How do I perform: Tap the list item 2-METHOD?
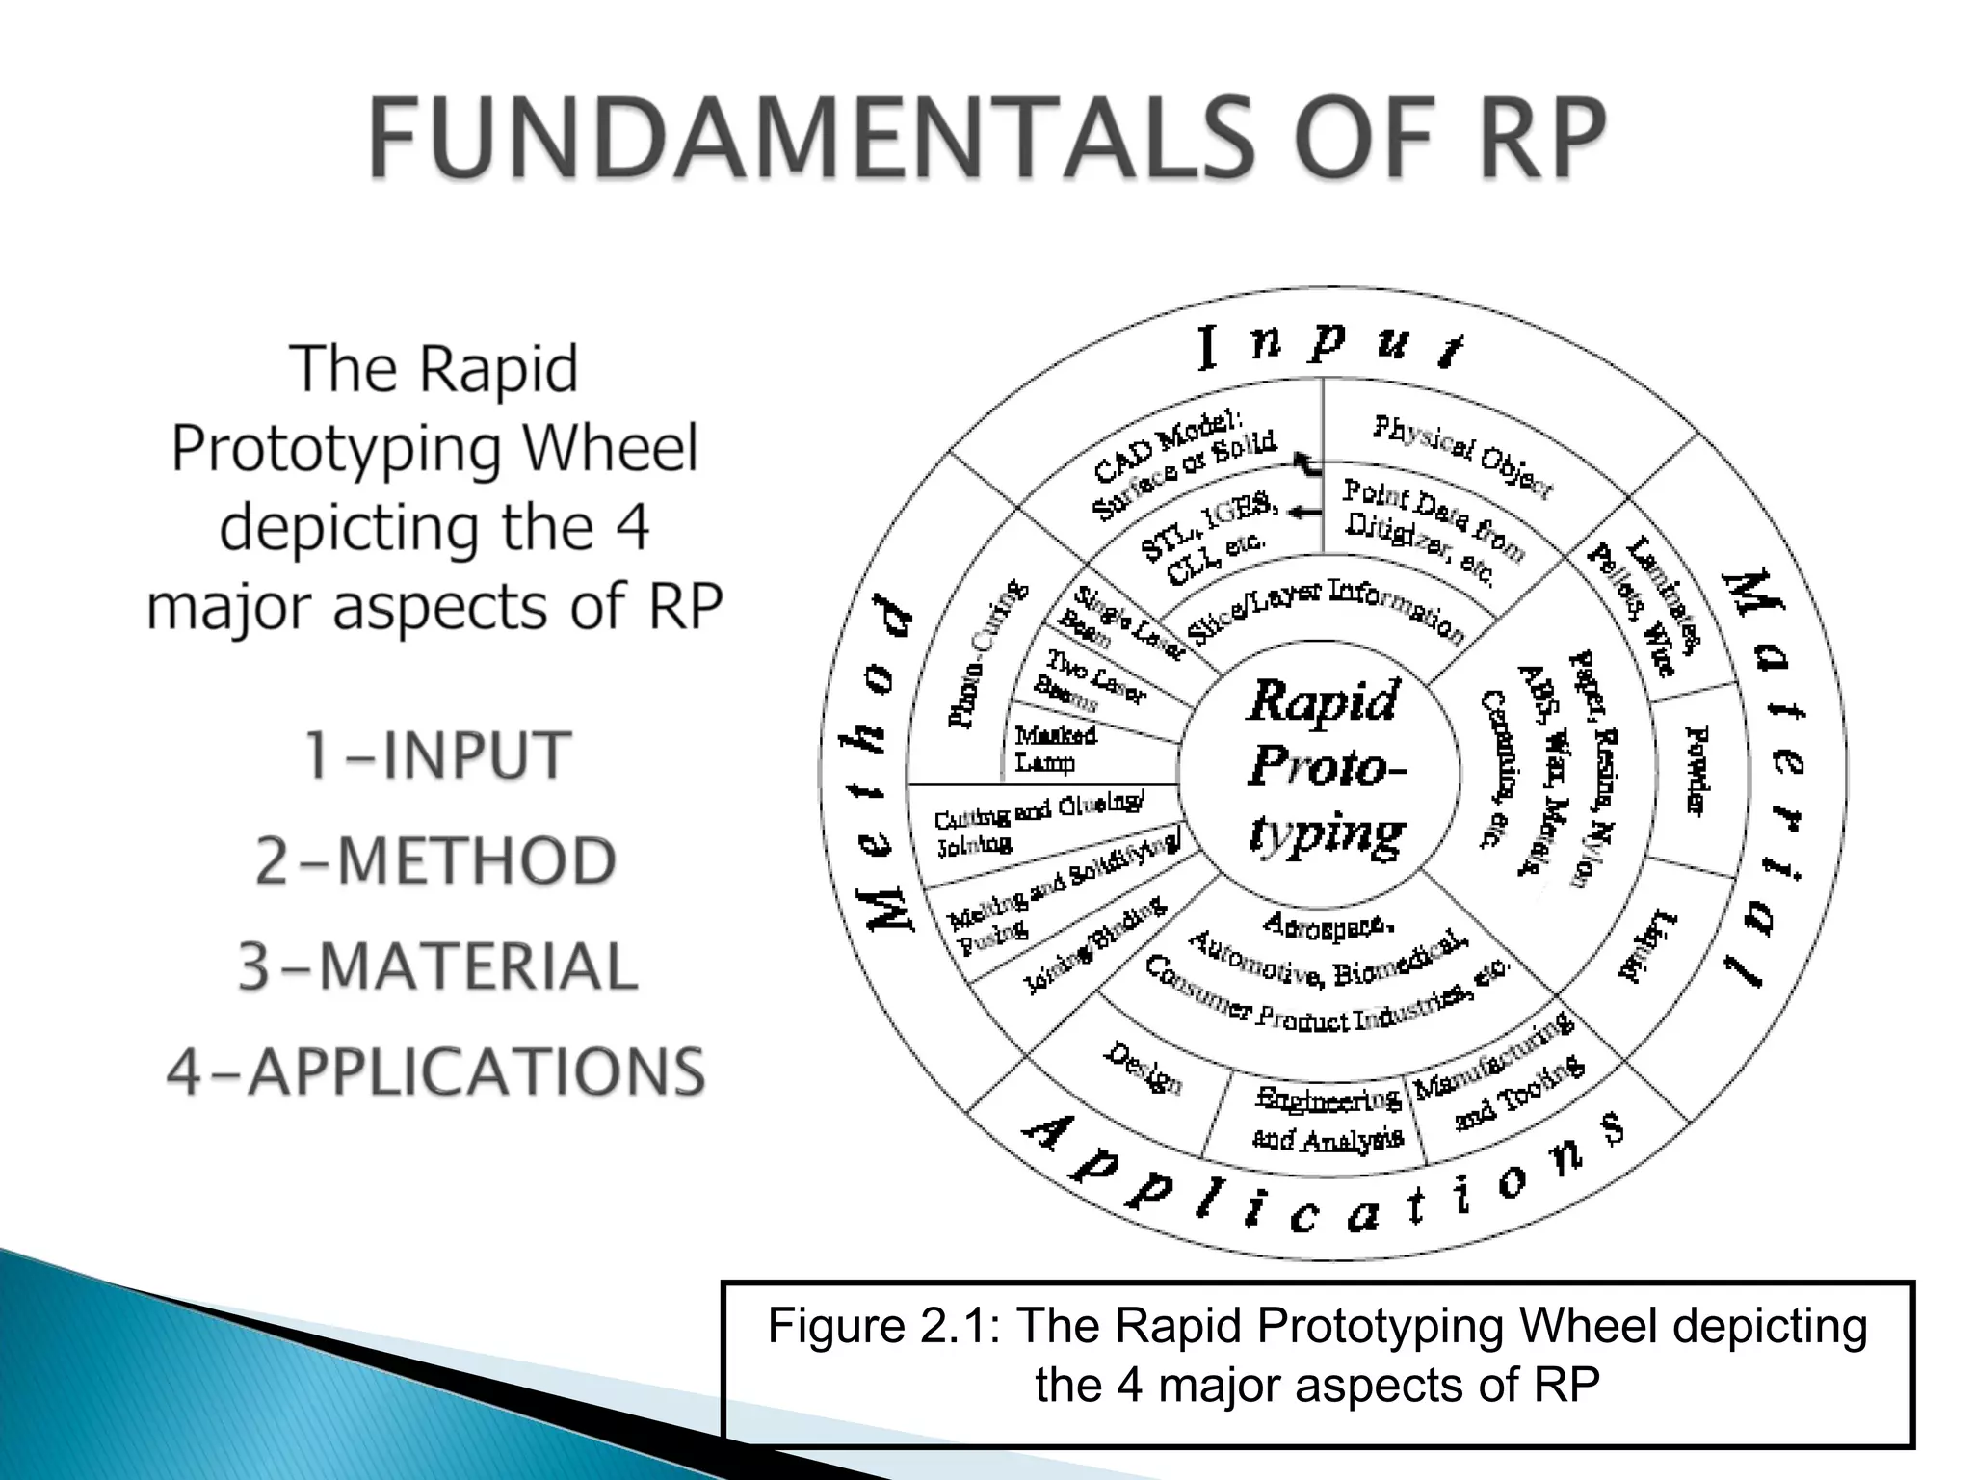[x=435, y=860]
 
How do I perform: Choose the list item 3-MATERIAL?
[x=437, y=966]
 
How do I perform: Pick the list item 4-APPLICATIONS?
[x=435, y=1071]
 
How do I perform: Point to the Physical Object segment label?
[x=1461, y=457]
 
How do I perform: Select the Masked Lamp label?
[x=1055, y=749]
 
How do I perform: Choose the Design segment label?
[x=1142, y=1068]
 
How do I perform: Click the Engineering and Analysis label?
[x=1327, y=1119]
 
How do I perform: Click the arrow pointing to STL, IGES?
[x=1304, y=513]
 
